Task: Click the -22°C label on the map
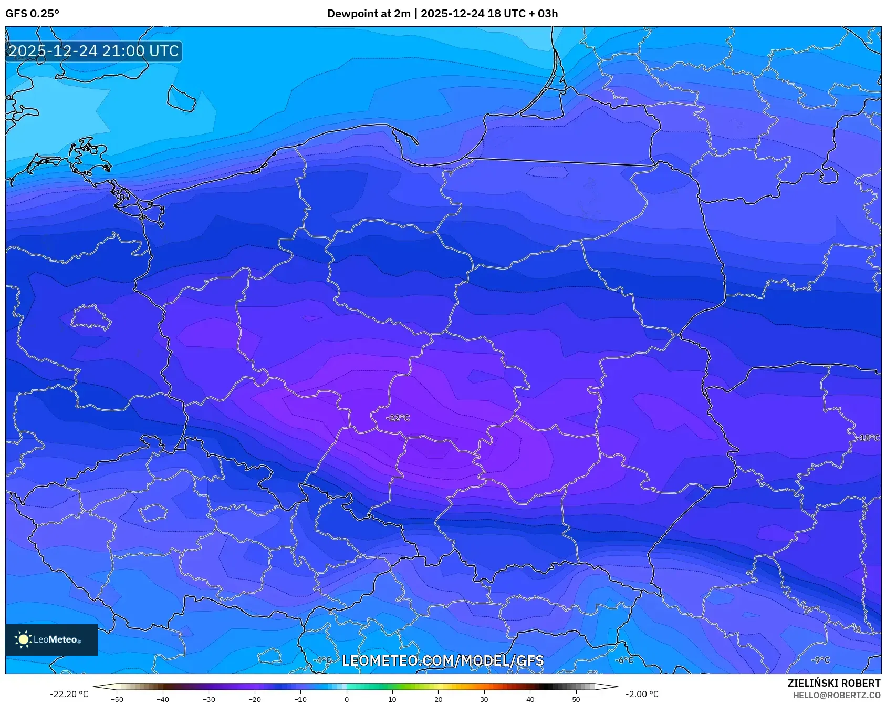click(x=398, y=418)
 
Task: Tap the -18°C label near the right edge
click(x=869, y=438)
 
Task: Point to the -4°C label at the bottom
click(x=322, y=660)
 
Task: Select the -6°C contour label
click(x=624, y=660)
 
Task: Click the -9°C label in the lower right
click(x=820, y=660)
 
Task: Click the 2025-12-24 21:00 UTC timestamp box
click(x=93, y=51)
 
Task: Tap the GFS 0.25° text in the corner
click(x=32, y=14)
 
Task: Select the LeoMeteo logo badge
click(x=51, y=639)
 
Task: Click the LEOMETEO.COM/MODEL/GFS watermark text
click(x=442, y=660)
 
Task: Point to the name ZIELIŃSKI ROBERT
click(x=833, y=683)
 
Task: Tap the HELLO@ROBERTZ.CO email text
click(x=836, y=695)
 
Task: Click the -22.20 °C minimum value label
click(x=69, y=694)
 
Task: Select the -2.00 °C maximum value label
click(x=642, y=694)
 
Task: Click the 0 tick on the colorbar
click(x=347, y=699)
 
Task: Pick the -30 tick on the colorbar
click(x=209, y=699)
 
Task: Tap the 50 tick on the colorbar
click(x=576, y=699)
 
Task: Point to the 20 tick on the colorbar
click(x=439, y=699)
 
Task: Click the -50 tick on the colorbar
click(x=117, y=699)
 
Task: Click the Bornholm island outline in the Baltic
click(x=181, y=98)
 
